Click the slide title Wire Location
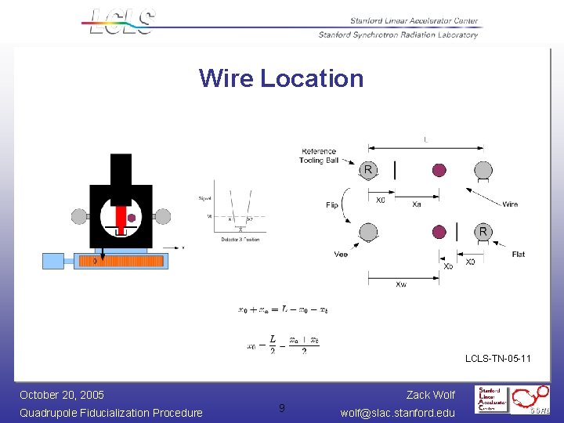click(281, 78)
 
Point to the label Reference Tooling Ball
click(318, 156)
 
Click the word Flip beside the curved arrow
click(332, 205)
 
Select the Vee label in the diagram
click(341, 254)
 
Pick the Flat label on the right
click(519, 254)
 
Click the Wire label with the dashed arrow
click(510, 204)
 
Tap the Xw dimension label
click(401, 284)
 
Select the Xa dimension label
click(417, 204)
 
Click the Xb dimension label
click(448, 266)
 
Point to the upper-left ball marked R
click(368, 170)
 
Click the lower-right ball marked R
click(483, 231)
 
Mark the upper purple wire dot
click(439, 170)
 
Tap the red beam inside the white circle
click(121, 217)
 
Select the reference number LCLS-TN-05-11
click(498, 359)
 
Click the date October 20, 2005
click(62, 395)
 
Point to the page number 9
click(282, 408)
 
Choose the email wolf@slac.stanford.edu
click(398, 413)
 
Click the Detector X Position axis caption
click(240, 239)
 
